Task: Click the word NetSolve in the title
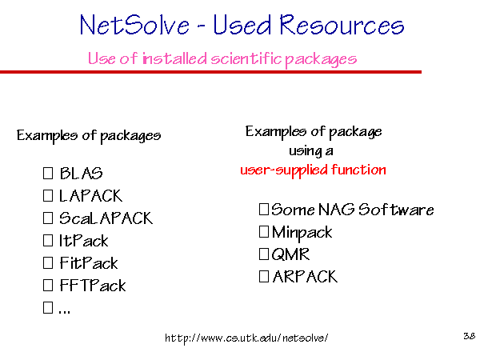(134, 25)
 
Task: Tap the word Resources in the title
(342, 25)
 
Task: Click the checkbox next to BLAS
(48, 173)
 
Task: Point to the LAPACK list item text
(91, 196)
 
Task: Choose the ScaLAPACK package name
(106, 218)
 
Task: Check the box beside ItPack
(48, 240)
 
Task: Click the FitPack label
(89, 263)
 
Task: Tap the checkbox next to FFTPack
(48, 286)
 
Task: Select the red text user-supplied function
(313, 170)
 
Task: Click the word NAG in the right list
(337, 210)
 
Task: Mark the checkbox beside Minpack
(264, 232)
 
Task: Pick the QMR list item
(290, 254)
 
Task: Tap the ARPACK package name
(305, 277)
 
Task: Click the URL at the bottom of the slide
(246, 338)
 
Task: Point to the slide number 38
(470, 336)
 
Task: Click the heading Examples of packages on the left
(89, 136)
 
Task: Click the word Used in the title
(242, 25)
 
